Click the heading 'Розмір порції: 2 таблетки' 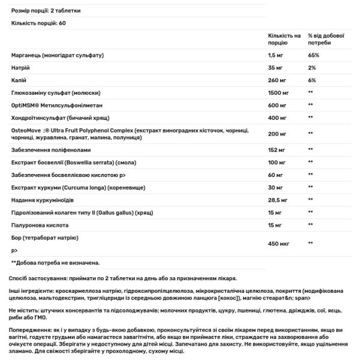(46, 11)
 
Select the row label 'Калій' (18, 80)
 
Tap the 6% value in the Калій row (311, 80)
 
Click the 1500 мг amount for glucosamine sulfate (278, 92)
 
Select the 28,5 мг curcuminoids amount (278, 199)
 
